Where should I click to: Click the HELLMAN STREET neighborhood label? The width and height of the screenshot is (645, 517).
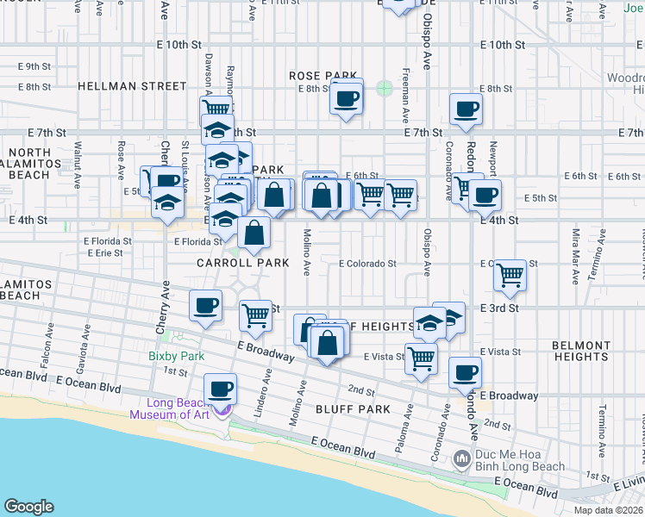pos(131,86)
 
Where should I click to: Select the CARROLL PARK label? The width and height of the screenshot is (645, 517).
pos(242,262)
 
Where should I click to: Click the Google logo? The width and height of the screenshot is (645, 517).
pos(28,507)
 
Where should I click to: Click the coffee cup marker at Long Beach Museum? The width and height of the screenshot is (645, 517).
pos(219,389)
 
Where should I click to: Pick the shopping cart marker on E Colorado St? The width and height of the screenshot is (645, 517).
pos(510,276)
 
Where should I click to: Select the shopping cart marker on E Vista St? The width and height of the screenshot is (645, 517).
pos(421,358)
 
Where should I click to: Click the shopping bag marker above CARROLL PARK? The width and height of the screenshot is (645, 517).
pos(255,232)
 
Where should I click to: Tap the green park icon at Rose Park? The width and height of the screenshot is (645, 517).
pos(384,87)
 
